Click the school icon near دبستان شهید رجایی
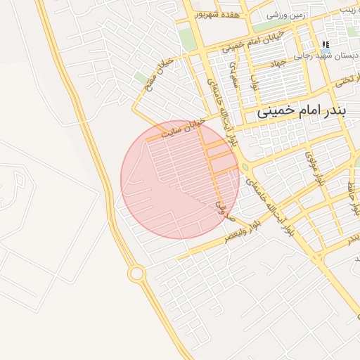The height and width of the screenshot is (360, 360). tap(325, 44)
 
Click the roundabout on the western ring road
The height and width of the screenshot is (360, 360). tap(136, 273)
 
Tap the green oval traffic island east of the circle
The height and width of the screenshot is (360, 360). tap(245, 167)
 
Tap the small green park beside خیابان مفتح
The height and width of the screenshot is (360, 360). tap(141, 77)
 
